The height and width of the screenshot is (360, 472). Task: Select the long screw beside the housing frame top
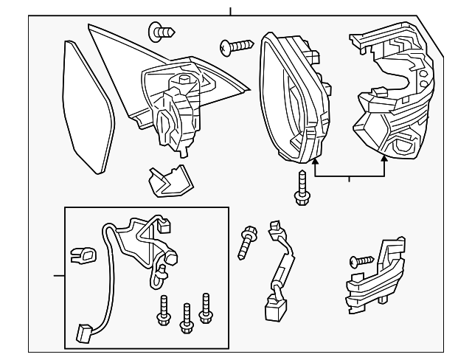tap(236, 47)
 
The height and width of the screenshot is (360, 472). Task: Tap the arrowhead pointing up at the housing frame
tap(315, 160)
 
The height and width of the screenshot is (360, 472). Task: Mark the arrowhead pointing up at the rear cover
tap(384, 160)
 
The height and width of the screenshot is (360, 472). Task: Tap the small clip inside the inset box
tap(83, 256)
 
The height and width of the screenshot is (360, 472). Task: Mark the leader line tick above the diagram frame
tap(231, 11)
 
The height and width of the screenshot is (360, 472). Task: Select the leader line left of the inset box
tap(59, 277)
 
